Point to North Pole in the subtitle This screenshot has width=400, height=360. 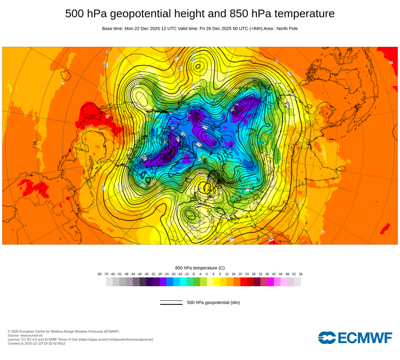tap(285, 28)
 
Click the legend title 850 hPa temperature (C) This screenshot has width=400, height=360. tap(200, 268)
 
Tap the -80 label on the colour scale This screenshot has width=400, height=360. tap(99, 274)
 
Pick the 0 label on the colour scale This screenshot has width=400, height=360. tap(207, 274)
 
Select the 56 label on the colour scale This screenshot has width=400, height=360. tap(301, 274)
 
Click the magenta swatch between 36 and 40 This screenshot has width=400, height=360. tap(270, 282)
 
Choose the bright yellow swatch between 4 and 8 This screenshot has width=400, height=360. tap(217, 282)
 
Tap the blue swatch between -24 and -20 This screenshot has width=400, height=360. tap(170, 282)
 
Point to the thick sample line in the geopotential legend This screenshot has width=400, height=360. tap(171, 304)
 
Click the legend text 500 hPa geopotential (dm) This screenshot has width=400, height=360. tap(213, 302)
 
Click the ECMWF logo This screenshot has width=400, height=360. tap(355, 338)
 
